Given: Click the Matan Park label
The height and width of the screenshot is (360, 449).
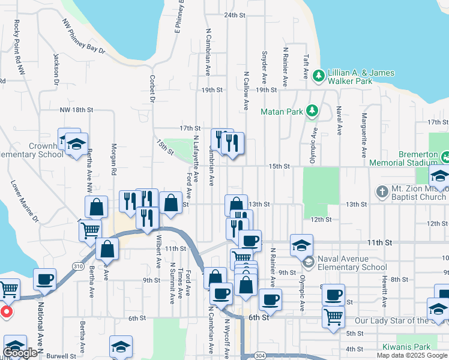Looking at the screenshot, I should (282, 112).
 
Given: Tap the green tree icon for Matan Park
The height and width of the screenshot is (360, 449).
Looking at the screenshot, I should (312, 111).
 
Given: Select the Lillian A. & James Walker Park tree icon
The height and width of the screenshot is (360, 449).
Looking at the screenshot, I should (318, 76).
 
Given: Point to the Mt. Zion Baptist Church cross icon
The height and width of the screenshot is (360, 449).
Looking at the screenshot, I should (382, 192).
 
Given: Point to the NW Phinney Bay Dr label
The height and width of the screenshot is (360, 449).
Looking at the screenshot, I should (83, 37).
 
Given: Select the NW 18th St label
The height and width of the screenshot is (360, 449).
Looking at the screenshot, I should (76, 110).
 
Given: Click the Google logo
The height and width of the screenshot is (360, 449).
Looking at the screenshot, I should (20, 353).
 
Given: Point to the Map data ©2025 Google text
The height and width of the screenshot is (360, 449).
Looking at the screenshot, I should (411, 355).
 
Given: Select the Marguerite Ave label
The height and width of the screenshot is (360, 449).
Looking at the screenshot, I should (364, 129).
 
